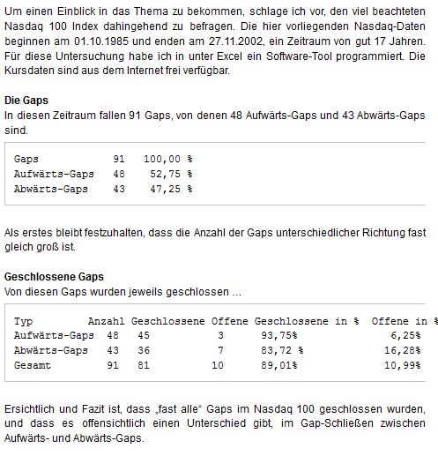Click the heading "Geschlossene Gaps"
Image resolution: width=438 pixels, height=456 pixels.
[54, 276]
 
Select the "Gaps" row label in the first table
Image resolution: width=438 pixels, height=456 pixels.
[26, 158]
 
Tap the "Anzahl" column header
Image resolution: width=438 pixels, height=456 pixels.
[105, 320]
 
